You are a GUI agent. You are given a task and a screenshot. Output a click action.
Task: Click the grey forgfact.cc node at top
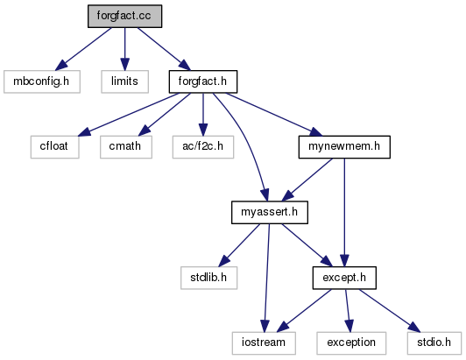(124, 16)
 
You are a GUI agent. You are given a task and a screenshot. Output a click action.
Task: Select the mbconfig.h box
(42, 81)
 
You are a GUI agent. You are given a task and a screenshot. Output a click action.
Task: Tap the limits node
(124, 81)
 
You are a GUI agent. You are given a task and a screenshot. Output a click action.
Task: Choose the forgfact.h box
(203, 81)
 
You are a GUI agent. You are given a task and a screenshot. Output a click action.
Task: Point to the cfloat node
(54, 147)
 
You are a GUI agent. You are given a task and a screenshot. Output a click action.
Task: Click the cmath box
(126, 147)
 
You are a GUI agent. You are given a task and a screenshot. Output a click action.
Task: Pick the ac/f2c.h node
(203, 147)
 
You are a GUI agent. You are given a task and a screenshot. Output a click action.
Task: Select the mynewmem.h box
(344, 147)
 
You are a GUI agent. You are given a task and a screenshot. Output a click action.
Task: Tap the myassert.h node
(270, 212)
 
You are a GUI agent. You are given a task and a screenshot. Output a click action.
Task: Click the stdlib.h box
(209, 278)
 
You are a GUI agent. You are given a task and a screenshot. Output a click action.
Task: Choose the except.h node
(344, 278)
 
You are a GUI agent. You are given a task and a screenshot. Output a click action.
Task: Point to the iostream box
(264, 343)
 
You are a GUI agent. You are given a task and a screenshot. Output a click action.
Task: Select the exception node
(351, 343)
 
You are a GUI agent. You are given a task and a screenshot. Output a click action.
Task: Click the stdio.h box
(434, 343)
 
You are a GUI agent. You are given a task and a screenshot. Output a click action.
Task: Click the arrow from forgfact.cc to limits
(124, 49)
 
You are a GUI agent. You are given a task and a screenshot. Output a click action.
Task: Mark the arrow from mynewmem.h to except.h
(344, 212)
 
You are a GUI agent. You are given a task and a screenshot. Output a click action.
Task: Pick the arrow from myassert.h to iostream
(267, 278)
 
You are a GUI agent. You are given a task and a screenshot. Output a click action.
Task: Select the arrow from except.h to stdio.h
(389, 310)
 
